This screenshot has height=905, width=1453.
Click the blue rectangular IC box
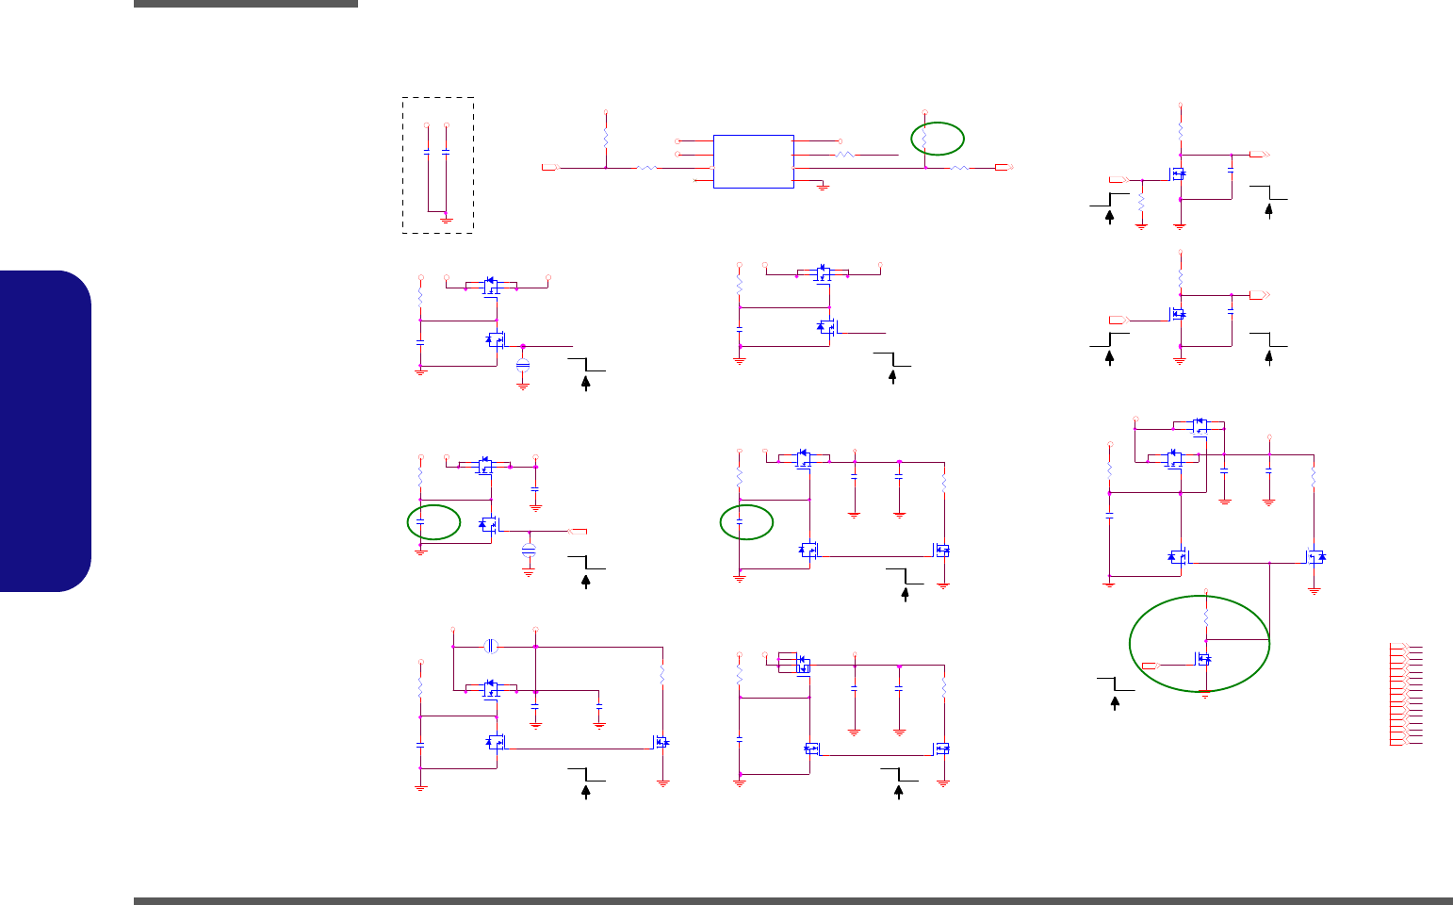[x=754, y=161]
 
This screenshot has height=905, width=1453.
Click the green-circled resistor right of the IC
[x=925, y=139]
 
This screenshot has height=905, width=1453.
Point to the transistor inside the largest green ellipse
[x=1203, y=659]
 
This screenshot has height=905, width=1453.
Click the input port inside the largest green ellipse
[x=1151, y=666]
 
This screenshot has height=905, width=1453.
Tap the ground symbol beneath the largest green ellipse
[x=1205, y=694]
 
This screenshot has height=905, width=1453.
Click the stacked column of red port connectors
[x=1399, y=695]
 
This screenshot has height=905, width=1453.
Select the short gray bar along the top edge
[x=246, y=4]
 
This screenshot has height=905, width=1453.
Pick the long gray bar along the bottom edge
[x=792, y=901]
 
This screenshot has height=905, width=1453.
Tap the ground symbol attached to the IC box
[x=823, y=187]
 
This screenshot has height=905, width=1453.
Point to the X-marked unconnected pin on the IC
[x=696, y=180]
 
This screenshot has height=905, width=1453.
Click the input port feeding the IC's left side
[x=549, y=168]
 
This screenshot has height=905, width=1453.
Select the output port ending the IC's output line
[x=1003, y=168]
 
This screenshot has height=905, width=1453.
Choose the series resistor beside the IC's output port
[x=959, y=168]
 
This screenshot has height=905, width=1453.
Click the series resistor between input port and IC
[x=647, y=168]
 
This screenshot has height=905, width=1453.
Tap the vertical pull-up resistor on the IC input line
[x=606, y=139]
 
